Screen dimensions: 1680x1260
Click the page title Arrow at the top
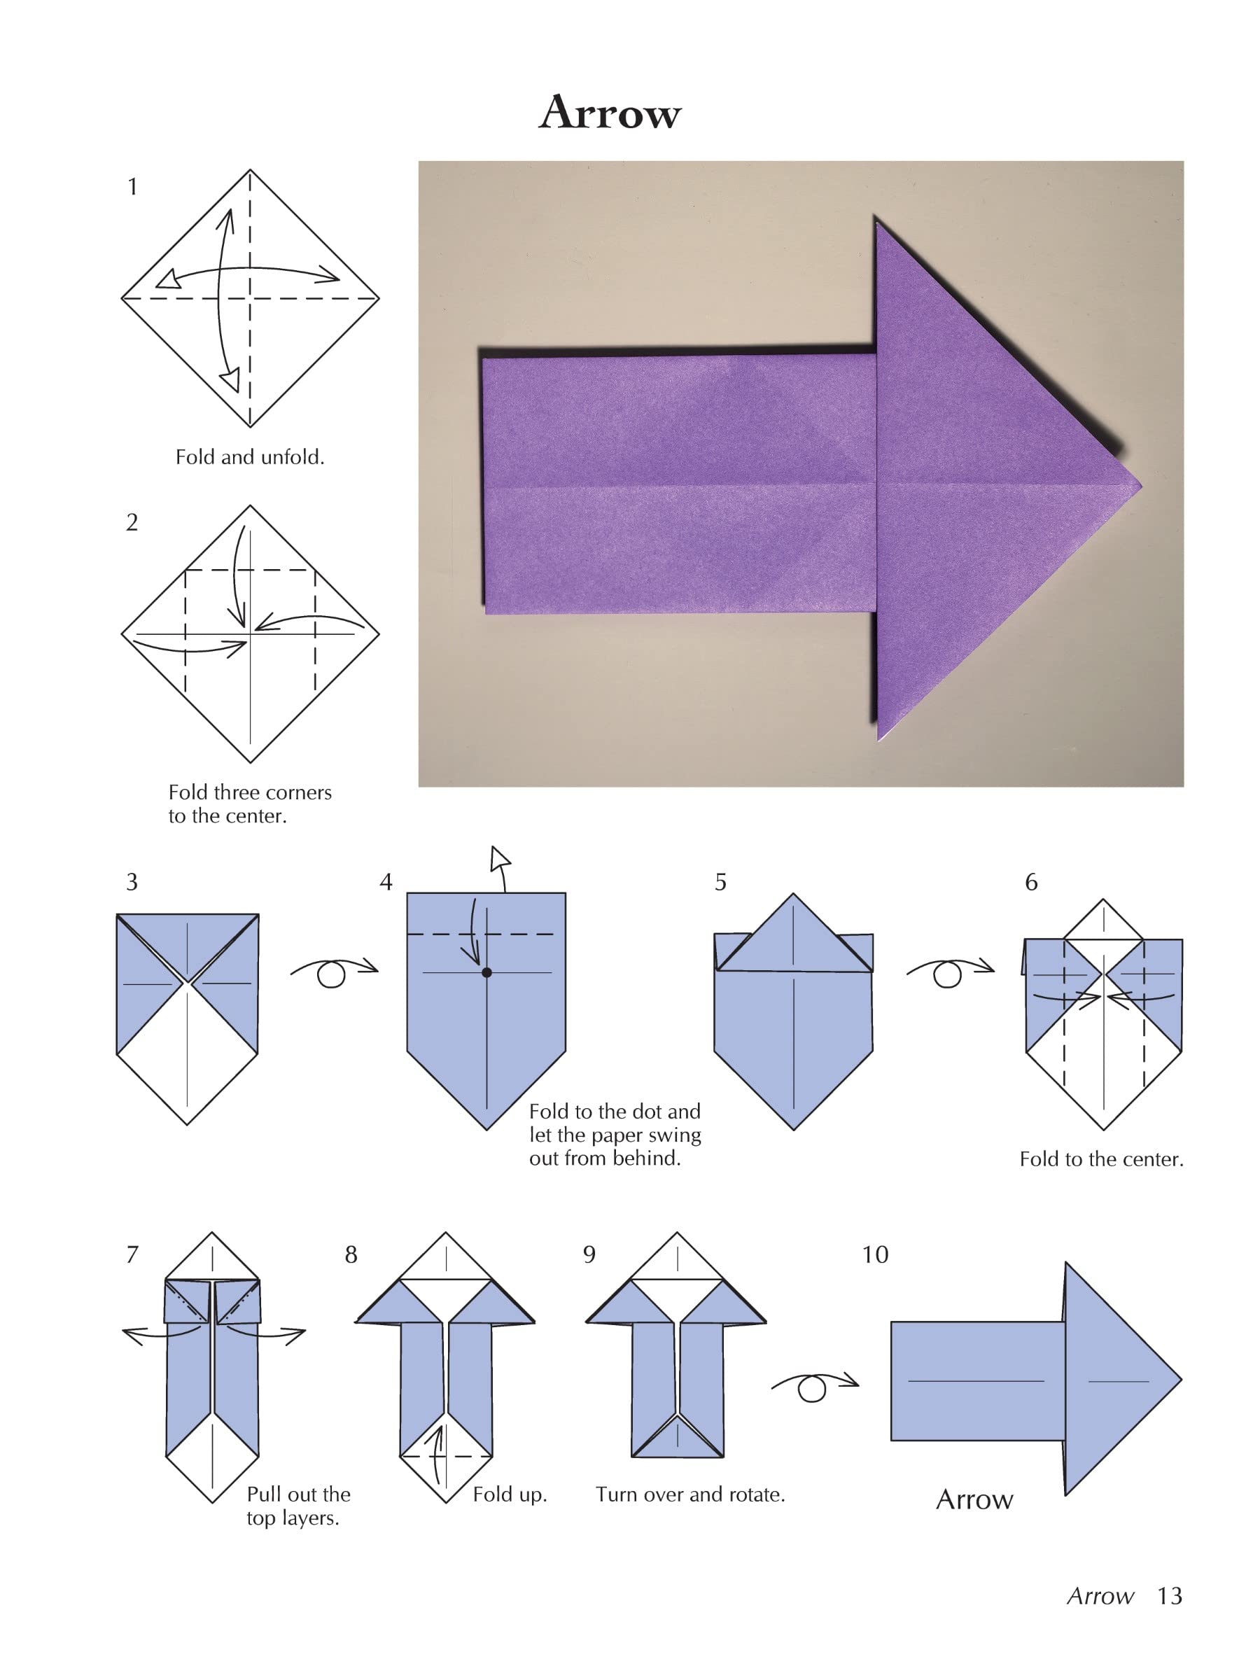click(609, 113)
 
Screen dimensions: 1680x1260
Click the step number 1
click(133, 187)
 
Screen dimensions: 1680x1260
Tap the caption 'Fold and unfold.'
click(250, 457)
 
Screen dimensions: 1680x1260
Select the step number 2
click(132, 522)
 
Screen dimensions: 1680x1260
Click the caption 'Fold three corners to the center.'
click(249, 804)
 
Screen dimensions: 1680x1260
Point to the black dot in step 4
click(486, 972)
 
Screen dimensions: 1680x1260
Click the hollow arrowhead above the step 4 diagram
click(500, 860)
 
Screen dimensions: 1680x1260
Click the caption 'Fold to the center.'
click(1100, 1159)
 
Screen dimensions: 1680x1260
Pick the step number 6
click(1030, 883)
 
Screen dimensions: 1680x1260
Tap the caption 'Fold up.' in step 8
click(510, 1494)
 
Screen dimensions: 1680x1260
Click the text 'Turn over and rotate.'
click(689, 1494)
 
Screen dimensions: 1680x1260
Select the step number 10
click(874, 1254)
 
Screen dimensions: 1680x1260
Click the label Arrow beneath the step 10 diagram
click(974, 1499)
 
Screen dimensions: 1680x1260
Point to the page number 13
click(1169, 1596)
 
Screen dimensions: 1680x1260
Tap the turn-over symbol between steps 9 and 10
click(813, 1387)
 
